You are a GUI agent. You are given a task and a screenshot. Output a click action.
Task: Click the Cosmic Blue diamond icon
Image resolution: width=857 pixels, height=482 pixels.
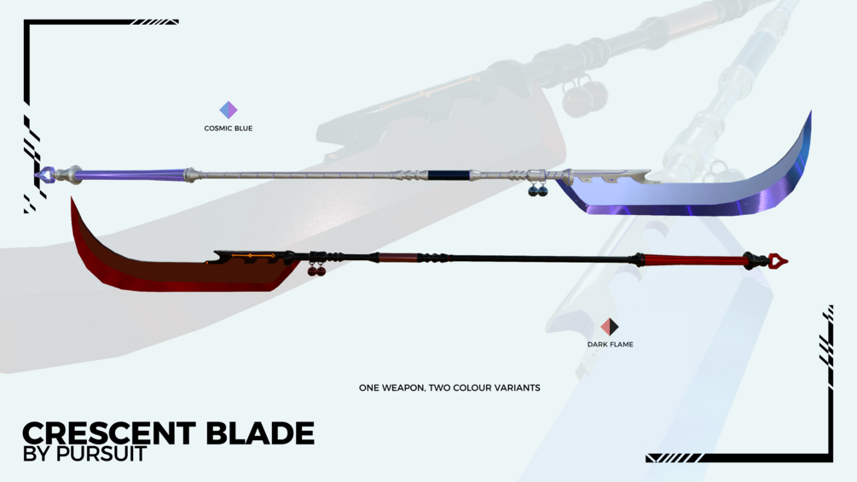tap(229, 109)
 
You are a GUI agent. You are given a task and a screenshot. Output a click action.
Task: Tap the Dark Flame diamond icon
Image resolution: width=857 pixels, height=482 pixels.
tap(610, 327)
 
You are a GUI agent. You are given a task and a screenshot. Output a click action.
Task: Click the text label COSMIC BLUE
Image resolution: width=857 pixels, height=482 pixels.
tap(229, 129)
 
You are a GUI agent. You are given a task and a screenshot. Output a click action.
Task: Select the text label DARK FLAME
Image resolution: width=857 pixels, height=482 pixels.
tap(610, 345)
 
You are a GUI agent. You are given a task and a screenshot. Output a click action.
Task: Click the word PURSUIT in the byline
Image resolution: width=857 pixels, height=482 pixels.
tap(101, 454)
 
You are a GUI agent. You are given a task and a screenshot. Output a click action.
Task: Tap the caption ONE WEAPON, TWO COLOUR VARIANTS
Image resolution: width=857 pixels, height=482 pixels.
tap(449, 387)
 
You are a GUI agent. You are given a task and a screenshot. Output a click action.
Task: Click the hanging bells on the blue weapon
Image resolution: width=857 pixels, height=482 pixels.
tap(537, 189)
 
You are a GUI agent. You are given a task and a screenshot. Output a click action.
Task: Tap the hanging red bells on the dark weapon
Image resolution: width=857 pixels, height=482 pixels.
tap(316, 270)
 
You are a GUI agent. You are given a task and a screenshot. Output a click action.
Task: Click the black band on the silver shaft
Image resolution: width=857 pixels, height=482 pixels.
tap(449, 175)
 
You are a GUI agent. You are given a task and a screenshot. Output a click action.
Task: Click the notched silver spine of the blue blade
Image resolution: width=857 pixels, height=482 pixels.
tap(610, 176)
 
